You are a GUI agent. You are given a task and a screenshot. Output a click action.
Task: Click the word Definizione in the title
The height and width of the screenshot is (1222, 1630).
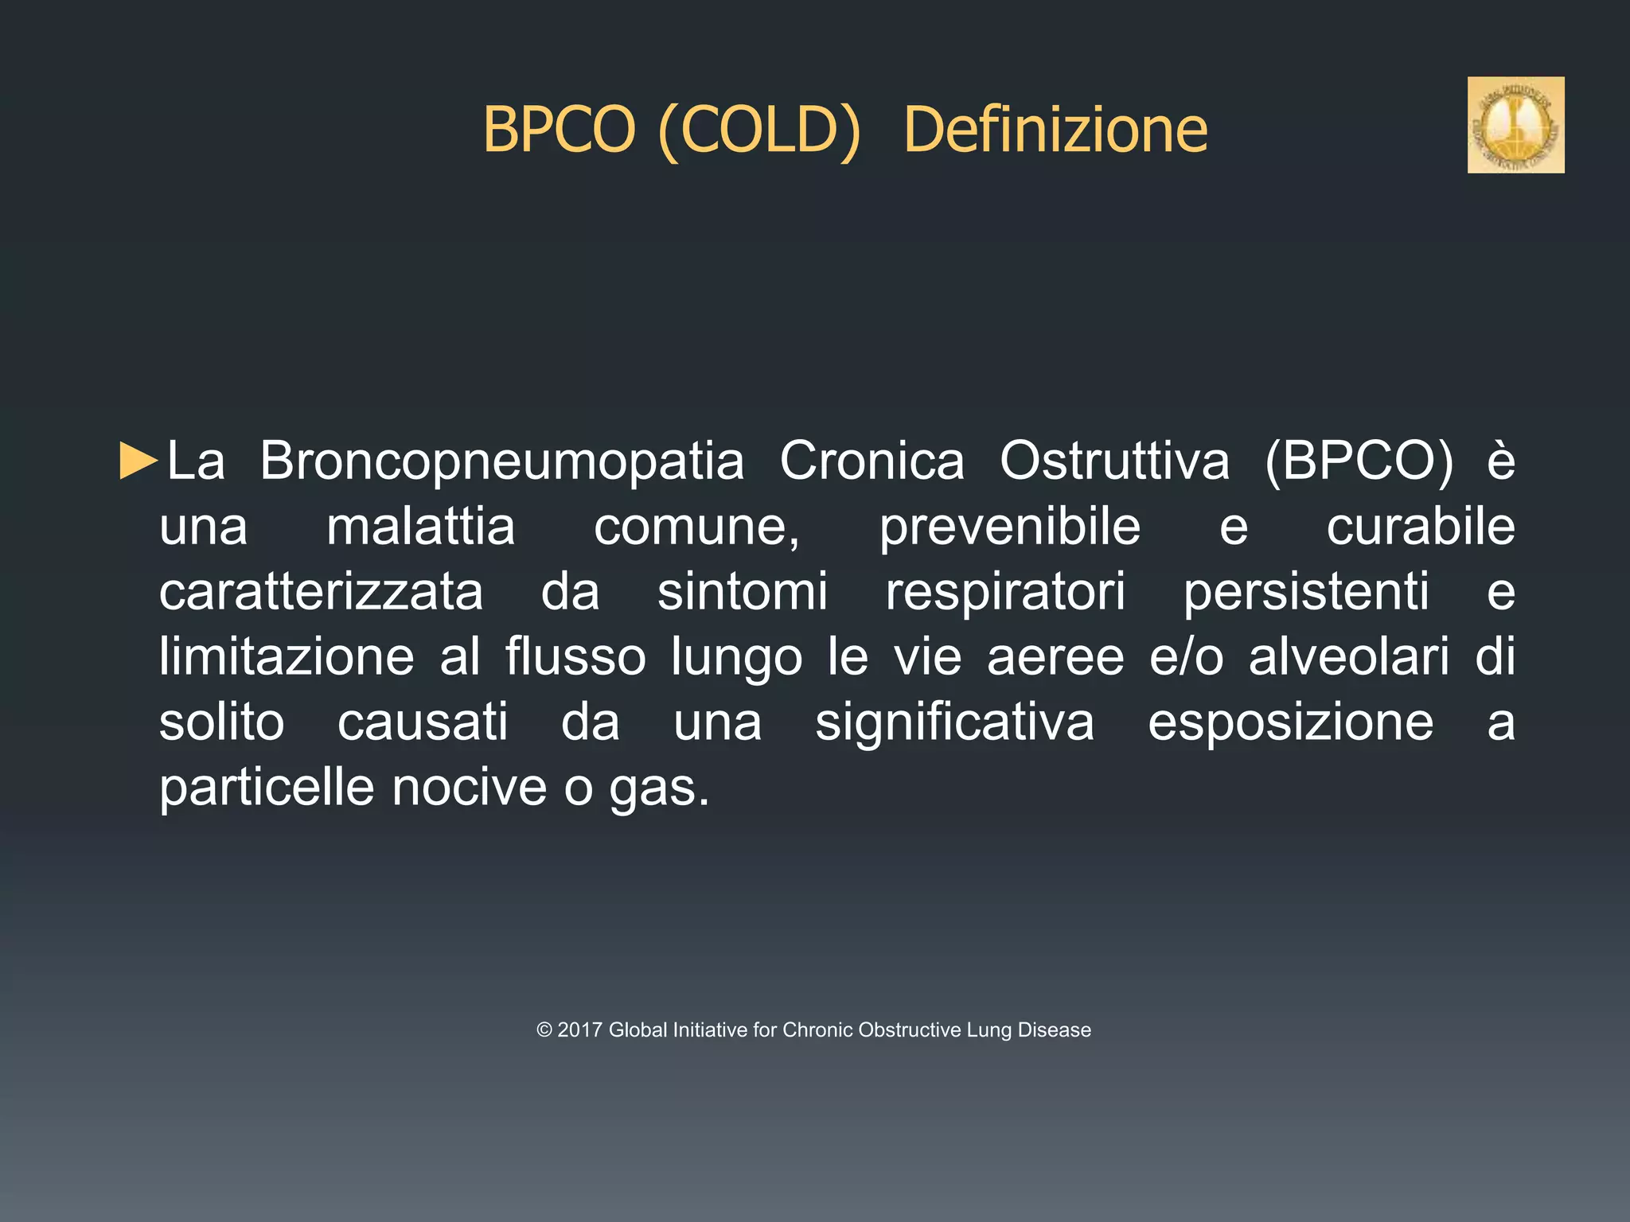1055,130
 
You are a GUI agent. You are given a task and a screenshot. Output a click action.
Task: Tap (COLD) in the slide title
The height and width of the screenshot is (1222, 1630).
759,130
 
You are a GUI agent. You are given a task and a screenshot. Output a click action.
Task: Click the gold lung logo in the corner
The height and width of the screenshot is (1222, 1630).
1515,125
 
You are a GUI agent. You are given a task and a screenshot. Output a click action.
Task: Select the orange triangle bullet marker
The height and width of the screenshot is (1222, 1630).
138,461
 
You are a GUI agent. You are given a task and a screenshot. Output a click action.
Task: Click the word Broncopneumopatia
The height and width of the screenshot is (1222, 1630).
501,462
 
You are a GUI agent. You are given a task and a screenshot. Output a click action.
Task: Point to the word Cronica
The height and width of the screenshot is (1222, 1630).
872,461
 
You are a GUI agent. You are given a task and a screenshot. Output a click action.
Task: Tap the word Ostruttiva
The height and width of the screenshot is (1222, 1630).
1114,461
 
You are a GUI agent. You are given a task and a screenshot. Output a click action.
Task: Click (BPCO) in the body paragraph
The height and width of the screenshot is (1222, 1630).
1359,461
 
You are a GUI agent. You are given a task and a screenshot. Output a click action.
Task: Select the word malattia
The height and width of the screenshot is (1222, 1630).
421,527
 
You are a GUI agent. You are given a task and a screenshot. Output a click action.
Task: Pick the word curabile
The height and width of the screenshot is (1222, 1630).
1420,527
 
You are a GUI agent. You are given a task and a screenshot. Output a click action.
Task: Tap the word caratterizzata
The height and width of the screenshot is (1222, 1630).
321,592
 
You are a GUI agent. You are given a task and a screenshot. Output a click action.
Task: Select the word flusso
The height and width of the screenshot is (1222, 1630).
575,657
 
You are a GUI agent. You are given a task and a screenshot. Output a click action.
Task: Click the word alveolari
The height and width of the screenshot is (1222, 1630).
1348,657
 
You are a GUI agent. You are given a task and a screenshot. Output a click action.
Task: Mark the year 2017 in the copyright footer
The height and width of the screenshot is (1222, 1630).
579,1030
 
